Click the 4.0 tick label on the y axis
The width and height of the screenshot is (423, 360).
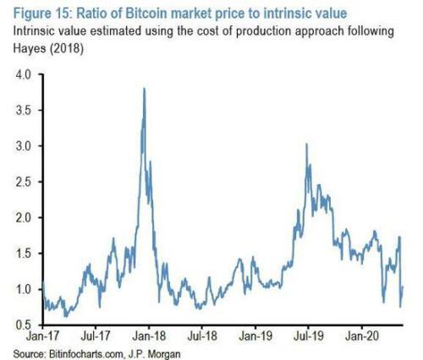coord(23,75)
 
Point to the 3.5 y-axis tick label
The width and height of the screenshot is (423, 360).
coord(23,110)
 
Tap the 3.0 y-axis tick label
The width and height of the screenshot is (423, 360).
coord(23,146)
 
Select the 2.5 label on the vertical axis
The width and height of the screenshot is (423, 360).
coord(23,182)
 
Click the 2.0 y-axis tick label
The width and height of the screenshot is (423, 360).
coord(23,217)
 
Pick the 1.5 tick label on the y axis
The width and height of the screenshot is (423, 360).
coord(23,254)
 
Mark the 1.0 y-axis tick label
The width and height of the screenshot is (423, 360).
coord(23,289)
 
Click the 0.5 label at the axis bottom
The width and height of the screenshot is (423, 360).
coord(23,325)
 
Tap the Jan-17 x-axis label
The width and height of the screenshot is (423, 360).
coord(43,336)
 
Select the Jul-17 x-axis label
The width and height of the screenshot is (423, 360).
coord(96,336)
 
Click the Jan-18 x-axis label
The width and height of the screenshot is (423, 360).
coord(149,336)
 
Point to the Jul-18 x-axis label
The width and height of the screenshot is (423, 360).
coord(202,336)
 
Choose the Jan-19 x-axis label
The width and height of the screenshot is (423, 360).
coord(255,336)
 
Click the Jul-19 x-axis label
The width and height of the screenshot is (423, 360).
coord(309,336)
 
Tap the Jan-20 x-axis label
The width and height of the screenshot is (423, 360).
coord(362,336)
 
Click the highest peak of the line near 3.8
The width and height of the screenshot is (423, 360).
coord(145,89)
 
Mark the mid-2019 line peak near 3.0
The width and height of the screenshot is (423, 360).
coord(306,144)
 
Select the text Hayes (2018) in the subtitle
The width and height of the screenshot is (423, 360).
coord(48,49)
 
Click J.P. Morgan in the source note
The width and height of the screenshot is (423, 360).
coord(154,353)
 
